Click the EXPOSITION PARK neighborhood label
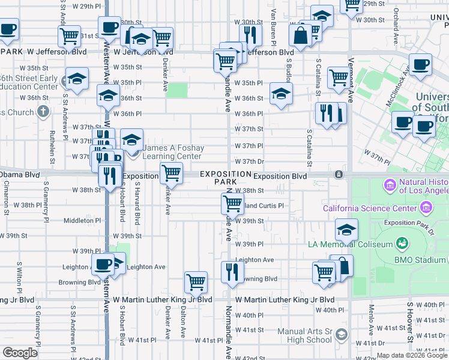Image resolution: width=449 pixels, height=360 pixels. click(x=226, y=177)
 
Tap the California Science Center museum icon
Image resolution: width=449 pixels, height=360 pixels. click(x=427, y=208)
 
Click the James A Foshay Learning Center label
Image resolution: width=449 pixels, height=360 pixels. click(x=173, y=152)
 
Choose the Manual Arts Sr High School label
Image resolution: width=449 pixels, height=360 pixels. click(x=305, y=335)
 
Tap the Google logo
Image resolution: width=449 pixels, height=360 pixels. click(x=20, y=353)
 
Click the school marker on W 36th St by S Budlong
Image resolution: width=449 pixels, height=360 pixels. click(x=280, y=93)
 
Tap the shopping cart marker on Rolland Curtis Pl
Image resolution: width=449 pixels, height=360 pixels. click(x=232, y=204)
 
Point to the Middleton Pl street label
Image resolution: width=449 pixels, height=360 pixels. click(x=83, y=220)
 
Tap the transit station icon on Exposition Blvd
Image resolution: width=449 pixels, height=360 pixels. click(x=339, y=175)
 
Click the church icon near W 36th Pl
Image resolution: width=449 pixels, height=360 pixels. click(x=43, y=112)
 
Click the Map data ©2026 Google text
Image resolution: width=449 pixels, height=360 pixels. click(x=412, y=355)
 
